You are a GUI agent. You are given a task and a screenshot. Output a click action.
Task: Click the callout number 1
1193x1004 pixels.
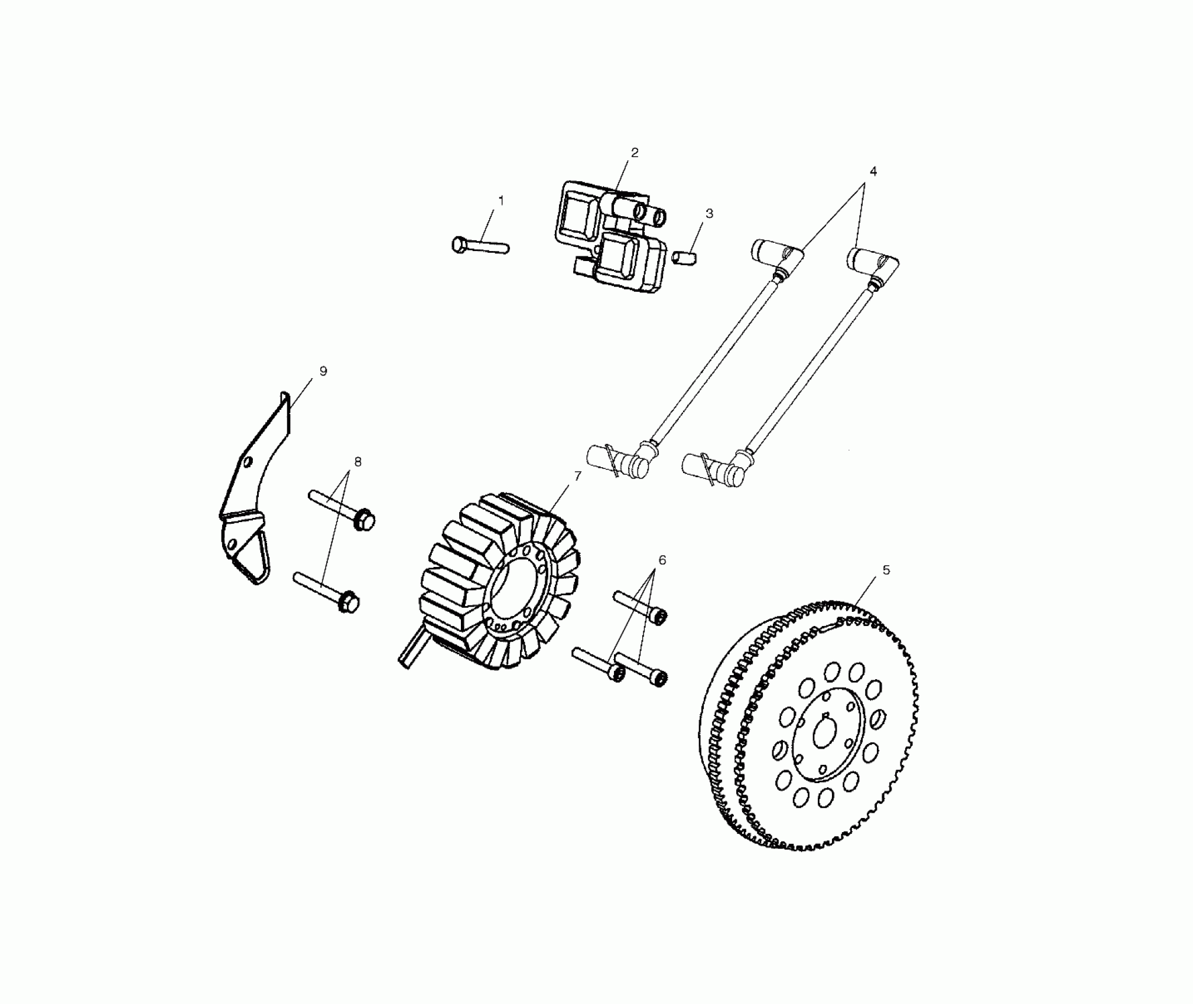click(x=501, y=201)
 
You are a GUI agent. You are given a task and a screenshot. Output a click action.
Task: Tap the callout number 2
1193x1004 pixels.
click(x=635, y=152)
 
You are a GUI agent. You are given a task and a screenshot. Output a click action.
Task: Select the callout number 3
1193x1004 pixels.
click(x=709, y=213)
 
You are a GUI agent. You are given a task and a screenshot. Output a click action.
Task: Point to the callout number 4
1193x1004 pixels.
click(x=873, y=171)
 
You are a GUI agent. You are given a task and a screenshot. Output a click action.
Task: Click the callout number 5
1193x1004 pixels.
click(x=886, y=570)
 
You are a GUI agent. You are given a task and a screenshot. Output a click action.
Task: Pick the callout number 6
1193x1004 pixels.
click(x=662, y=559)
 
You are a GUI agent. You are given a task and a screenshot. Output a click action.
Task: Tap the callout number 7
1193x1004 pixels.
click(x=577, y=475)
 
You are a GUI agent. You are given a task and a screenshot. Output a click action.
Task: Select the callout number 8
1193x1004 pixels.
click(x=357, y=462)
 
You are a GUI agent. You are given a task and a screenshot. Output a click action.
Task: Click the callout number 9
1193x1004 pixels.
click(x=323, y=371)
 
